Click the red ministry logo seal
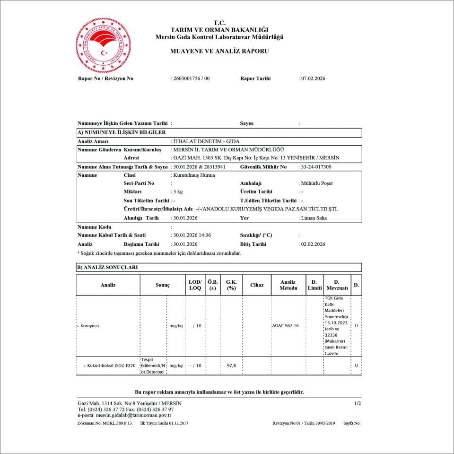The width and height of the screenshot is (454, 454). tap(104, 45)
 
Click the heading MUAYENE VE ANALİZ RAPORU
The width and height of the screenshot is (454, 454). tap(219, 51)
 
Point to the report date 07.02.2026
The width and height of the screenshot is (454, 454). tap(313, 79)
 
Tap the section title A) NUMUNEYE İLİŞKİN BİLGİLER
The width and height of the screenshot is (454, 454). tap(122, 132)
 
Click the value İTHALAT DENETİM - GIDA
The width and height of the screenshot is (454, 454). tap(206, 141)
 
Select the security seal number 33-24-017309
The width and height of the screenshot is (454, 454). tap(316, 167)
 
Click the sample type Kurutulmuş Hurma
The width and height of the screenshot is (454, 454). tap(194, 175)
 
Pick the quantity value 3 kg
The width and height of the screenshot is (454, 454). tap(178, 192)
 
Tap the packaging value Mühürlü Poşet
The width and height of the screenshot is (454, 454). tap(317, 183)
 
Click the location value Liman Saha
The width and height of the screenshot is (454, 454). tap(314, 218)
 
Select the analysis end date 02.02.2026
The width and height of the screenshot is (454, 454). tap(313, 244)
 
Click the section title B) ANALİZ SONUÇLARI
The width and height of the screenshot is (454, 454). tap(108, 267)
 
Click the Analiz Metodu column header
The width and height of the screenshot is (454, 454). tap(288, 285)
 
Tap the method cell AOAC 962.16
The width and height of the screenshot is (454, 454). tap(286, 326)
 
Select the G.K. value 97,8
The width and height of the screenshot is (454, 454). tap(231, 366)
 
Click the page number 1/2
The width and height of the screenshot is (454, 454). tap(358, 403)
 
